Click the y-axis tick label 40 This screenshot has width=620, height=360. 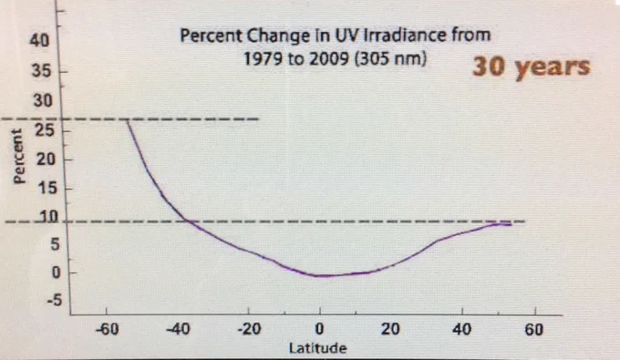pyautogui.click(x=39, y=40)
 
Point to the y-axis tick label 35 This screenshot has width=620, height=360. pyautogui.click(x=41, y=71)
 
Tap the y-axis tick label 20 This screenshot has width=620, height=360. pyautogui.click(x=46, y=159)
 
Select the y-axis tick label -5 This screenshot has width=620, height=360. pyautogui.click(x=54, y=301)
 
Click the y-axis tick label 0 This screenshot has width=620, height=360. pyautogui.click(x=57, y=273)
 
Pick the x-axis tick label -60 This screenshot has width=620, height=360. pyautogui.click(x=107, y=329)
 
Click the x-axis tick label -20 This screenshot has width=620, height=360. pyautogui.click(x=249, y=329)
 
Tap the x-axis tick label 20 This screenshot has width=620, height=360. pyautogui.click(x=390, y=329)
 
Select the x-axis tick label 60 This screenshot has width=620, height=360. pyautogui.click(x=533, y=329)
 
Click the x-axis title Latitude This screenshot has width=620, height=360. pyautogui.click(x=318, y=348)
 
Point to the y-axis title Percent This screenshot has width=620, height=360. pyautogui.click(x=18, y=157)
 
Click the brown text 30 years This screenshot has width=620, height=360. pyautogui.click(x=531, y=67)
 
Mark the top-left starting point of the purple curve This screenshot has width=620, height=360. pyautogui.click(x=127, y=119)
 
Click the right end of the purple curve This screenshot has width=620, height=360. pyautogui.click(x=511, y=225)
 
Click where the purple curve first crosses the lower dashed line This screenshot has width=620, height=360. pyautogui.click(x=188, y=221)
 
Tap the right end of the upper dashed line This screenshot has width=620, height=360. pyautogui.click(x=259, y=119)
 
